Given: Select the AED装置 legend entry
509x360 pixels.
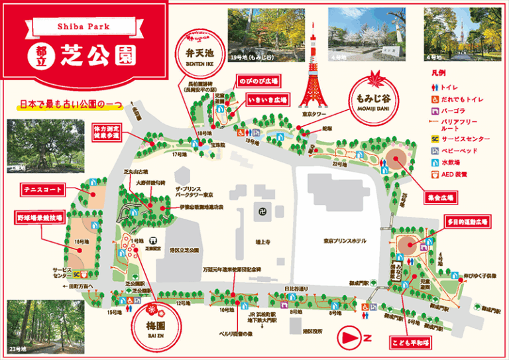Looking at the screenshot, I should [x=458, y=174].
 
